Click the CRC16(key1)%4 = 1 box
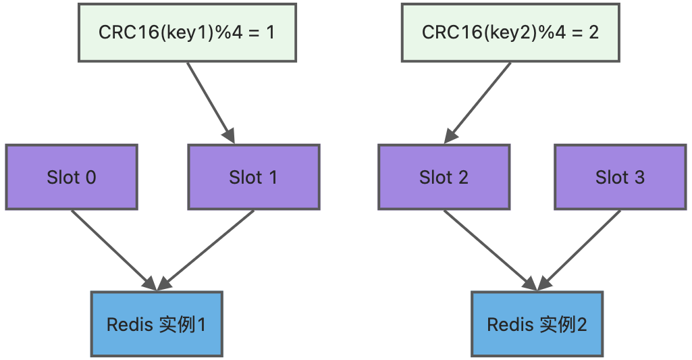pyautogui.click(x=187, y=32)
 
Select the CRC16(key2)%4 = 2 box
pyautogui.click(x=510, y=32)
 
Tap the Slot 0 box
pyautogui.click(x=72, y=177)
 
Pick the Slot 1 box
pyautogui.click(x=253, y=177)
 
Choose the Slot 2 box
pyautogui.click(x=444, y=177)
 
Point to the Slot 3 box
pyautogui.click(x=620, y=177)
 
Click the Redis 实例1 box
pyautogui.click(x=157, y=324)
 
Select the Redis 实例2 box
pyautogui.click(x=537, y=324)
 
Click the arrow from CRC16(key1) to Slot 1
pyautogui.click(x=210, y=102)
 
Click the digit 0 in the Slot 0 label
pyautogui.click(x=90, y=178)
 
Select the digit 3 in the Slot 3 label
pyautogui.click(x=639, y=178)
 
